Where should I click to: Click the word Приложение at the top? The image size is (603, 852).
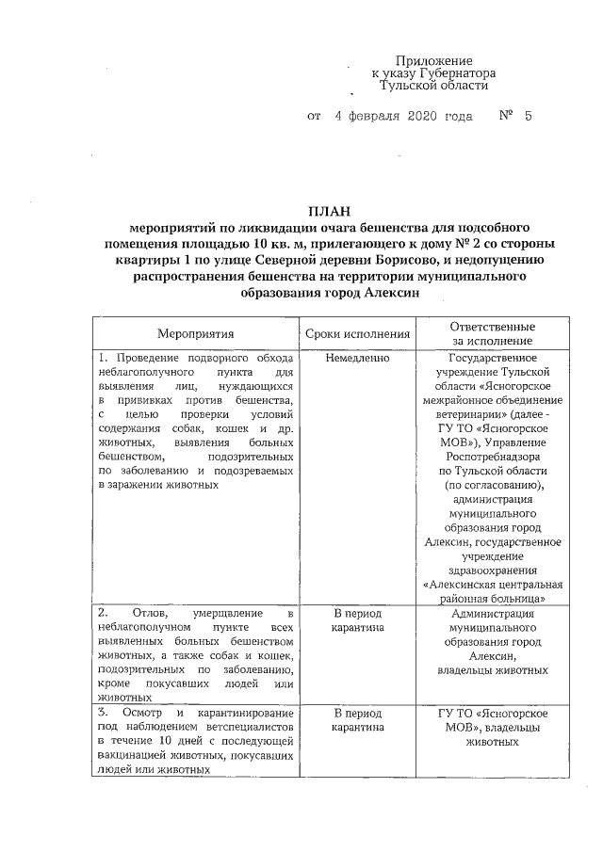(x=433, y=59)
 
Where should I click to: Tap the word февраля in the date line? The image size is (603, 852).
(x=374, y=117)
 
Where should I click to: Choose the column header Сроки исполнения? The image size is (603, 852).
(x=358, y=333)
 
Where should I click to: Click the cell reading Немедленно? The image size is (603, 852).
(x=357, y=359)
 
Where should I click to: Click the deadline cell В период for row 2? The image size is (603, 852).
(x=358, y=614)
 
